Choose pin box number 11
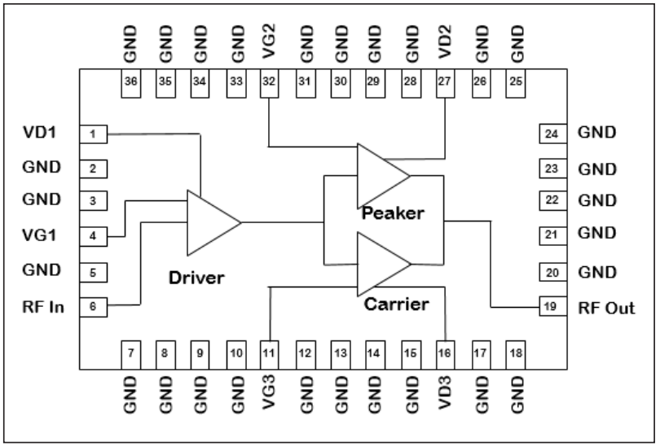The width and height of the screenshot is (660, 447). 270,353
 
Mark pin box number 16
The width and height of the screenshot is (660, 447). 445,353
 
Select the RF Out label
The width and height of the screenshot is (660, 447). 606,308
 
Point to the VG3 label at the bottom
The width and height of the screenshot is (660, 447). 270,397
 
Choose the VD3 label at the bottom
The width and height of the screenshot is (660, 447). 445,397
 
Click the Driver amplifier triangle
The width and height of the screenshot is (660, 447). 210,222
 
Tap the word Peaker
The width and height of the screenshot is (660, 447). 394,213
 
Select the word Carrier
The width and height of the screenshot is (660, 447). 397,305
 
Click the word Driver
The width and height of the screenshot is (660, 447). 196,278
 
